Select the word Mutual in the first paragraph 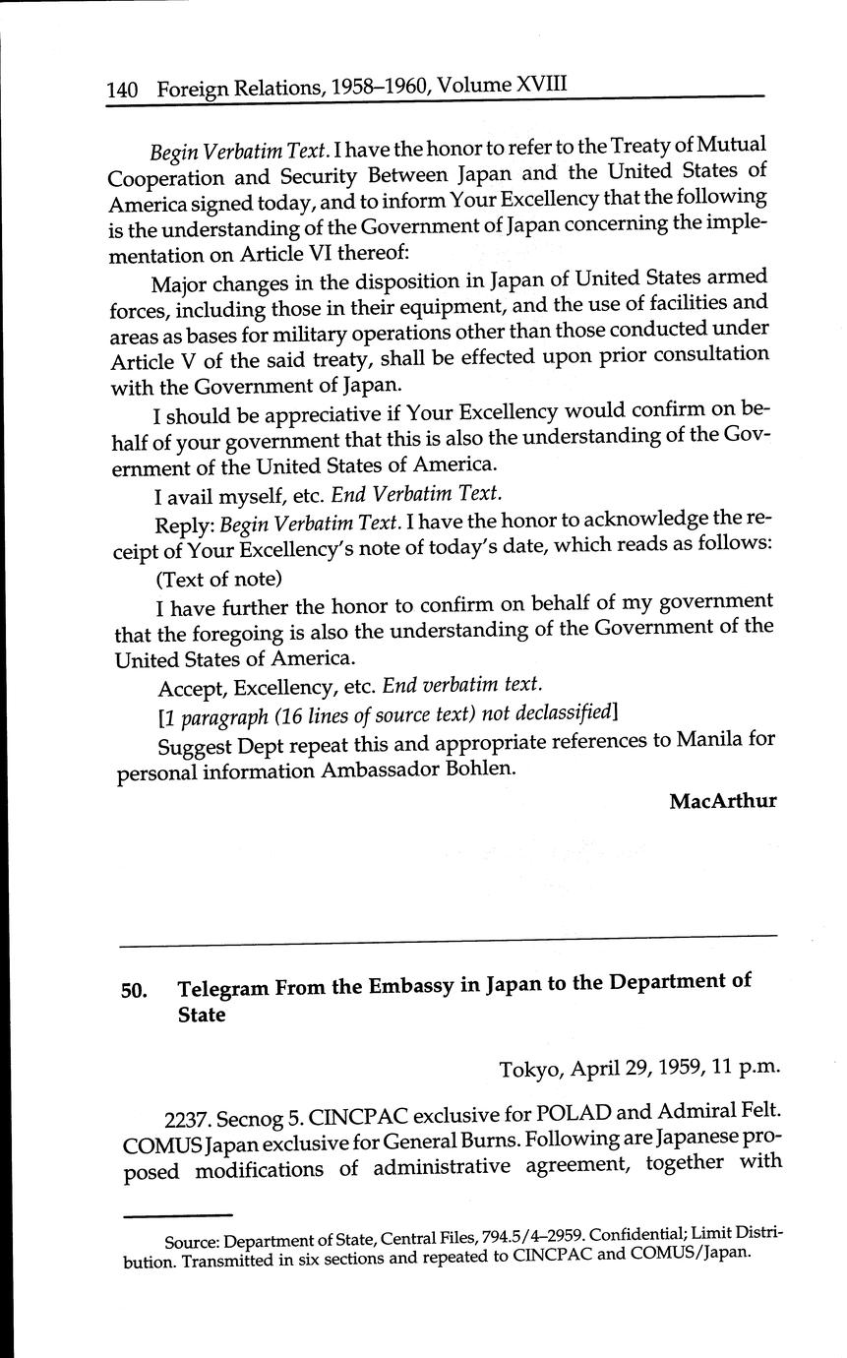pos(729,147)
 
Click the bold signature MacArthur pos(722,801)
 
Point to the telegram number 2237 pos(185,1120)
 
